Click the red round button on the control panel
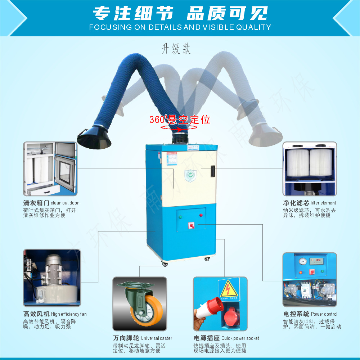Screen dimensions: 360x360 tap(201, 215)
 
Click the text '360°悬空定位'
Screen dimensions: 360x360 tap(180, 120)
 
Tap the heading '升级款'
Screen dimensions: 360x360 tap(176, 49)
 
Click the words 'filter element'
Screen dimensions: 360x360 tap(323, 203)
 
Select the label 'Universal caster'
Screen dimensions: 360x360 tap(156, 338)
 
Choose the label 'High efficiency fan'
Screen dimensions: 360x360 tap(69, 314)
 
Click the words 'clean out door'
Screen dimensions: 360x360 tap(64, 203)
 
